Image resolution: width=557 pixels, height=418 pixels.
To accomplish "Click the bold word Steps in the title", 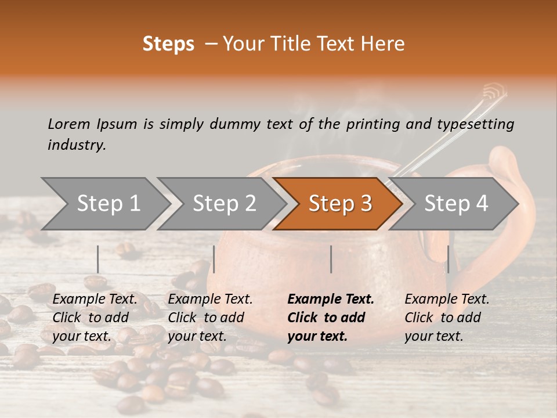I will click(168, 44).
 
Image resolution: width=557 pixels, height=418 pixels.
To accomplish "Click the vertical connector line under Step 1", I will click(97, 259).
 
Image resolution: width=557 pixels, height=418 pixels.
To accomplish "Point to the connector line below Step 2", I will click(214, 259).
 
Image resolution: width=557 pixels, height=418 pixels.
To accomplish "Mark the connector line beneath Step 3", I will click(331, 259).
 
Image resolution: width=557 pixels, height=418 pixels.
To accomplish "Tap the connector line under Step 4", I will click(448, 259).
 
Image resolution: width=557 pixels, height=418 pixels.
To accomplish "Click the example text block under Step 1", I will click(95, 318).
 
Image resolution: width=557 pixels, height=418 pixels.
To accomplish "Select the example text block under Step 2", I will click(210, 318).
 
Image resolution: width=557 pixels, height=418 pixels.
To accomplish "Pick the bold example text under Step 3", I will click(331, 318).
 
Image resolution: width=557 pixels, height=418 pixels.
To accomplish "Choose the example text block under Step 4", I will click(447, 318).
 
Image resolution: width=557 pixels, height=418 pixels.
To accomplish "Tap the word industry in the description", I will click(77, 145).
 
